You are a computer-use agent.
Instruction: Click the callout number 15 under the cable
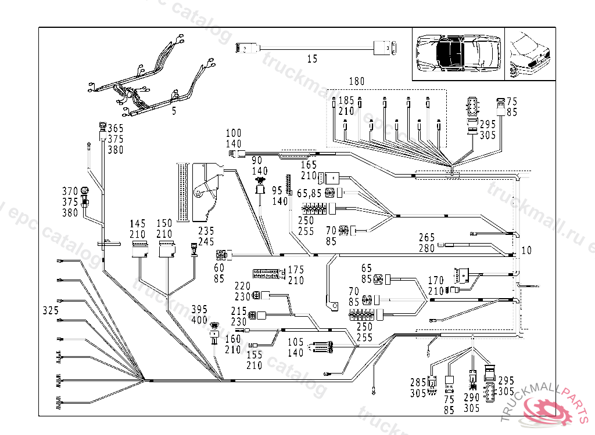(x=313, y=59)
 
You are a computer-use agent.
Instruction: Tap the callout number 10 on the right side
(x=526, y=251)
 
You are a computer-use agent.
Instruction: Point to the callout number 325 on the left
(x=51, y=311)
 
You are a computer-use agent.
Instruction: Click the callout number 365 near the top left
(x=115, y=128)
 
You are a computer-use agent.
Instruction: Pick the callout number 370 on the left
(x=70, y=191)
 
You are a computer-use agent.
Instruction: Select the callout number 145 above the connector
(x=138, y=223)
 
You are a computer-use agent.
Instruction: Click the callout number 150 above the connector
(x=166, y=223)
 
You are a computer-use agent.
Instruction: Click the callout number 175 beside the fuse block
(x=296, y=270)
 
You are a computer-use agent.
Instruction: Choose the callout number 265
(x=427, y=237)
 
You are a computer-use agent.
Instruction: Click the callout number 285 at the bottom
(x=418, y=383)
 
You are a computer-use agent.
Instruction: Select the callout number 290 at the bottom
(x=472, y=397)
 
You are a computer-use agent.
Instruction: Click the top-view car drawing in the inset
(x=457, y=53)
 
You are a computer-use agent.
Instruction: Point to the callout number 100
(x=233, y=133)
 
